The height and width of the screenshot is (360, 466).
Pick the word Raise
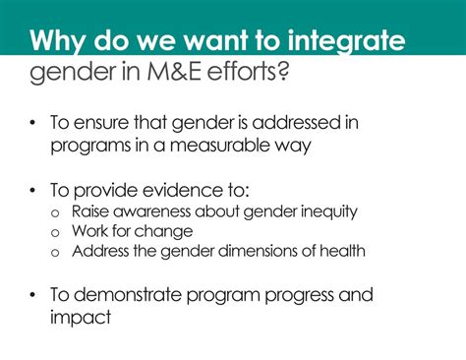pos(87,210)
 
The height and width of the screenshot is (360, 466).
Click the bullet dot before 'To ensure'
pos(32,123)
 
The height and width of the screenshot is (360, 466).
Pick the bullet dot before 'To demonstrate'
pos(32,293)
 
